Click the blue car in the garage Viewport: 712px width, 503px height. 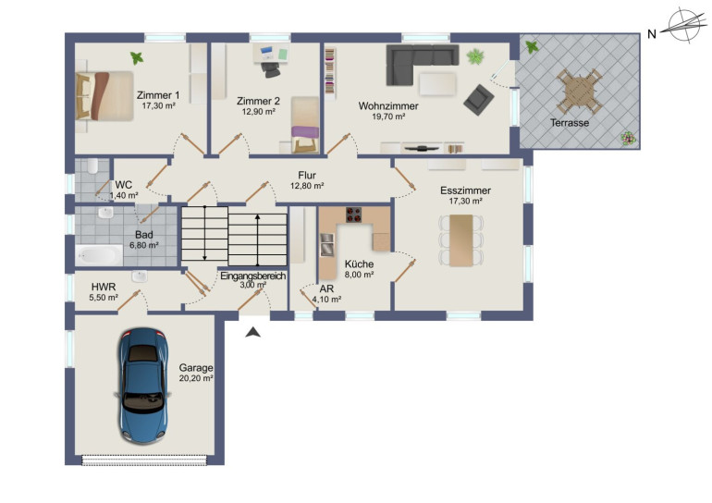(x=142, y=386)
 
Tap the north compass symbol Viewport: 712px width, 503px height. (x=684, y=26)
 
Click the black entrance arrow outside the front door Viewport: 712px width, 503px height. (x=253, y=332)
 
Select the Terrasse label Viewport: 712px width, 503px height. (x=570, y=123)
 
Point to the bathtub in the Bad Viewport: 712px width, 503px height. (x=99, y=255)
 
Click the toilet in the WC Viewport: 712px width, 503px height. (x=92, y=166)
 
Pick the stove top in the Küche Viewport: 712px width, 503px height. (x=354, y=215)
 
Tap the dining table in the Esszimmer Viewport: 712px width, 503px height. (x=460, y=240)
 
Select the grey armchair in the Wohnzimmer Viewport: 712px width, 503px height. (x=479, y=100)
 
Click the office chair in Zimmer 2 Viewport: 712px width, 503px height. (x=271, y=69)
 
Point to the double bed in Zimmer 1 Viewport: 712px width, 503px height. (x=104, y=96)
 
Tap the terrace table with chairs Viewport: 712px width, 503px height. (x=580, y=92)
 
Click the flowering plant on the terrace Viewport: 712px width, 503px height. (x=629, y=138)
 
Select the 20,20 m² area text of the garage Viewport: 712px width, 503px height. (x=196, y=378)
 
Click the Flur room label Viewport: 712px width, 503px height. (x=307, y=176)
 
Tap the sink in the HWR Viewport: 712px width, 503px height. (x=140, y=276)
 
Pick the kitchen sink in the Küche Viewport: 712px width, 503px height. (x=327, y=244)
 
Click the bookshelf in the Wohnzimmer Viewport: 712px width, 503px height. (x=330, y=74)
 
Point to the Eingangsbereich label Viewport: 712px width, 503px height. (x=253, y=276)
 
